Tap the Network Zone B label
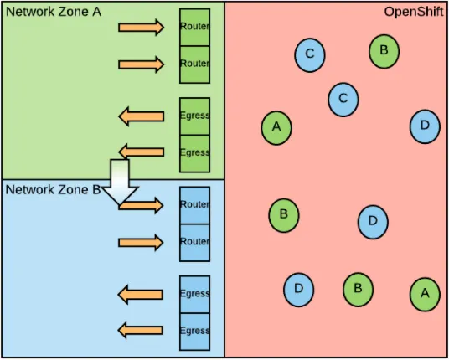click(x=52, y=189)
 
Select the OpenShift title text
click(x=413, y=12)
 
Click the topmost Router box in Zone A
click(x=194, y=27)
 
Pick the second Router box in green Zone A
click(x=194, y=64)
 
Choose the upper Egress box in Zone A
click(x=194, y=116)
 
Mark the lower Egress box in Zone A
click(x=194, y=152)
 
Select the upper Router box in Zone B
click(x=194, y=205)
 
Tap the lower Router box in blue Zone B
click(x=194, y=242)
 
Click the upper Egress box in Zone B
click(x=194, y=294)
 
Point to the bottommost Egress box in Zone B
click(x=194, y=330)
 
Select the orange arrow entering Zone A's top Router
click(x=141, y=28)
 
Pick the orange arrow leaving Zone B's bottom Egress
click(x=141, y=330)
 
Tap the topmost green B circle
click(x=384, y=50)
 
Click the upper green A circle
click(x=276, y=127)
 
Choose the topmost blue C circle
click(x=309, y=54)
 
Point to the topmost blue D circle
click(x=425, y=126)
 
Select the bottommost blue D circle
click(x=298, y=289)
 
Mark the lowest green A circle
click(x=425, y=293)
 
